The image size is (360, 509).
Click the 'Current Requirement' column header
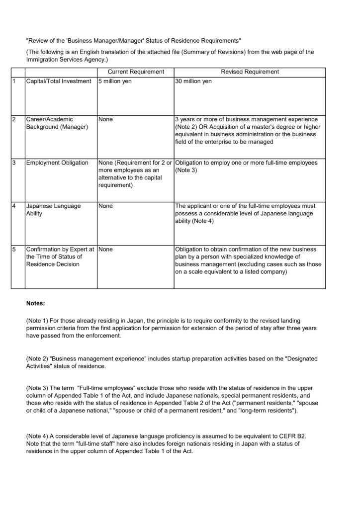tap(136, 72)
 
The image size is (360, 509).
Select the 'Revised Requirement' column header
tap(250, 72)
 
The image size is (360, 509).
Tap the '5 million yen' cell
tap(115, 81)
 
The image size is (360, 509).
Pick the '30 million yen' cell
tap(193, 81)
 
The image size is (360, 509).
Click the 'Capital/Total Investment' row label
tap(59, 81)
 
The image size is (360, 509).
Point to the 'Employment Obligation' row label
tap(57, 163)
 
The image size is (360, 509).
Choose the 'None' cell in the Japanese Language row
tap(106, 205)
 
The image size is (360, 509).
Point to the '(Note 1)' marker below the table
tap(37, 321)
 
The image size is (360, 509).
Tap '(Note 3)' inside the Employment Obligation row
tap(187, 170)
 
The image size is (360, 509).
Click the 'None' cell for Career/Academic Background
tap(106, 119)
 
